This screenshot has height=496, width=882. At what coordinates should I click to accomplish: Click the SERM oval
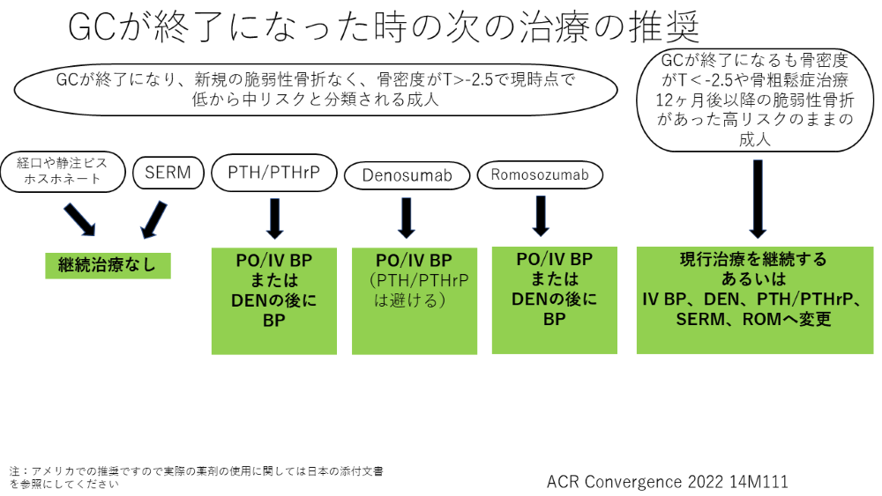[x=168, y=173]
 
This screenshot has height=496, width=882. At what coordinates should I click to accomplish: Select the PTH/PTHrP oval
[x=274, y=173]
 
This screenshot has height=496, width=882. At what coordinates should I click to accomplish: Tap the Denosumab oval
[x=407, y=175]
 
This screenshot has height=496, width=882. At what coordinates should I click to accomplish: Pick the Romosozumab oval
[x=540, y=174]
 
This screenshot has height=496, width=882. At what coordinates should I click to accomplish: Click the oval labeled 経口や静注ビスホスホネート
[x=63, y=171]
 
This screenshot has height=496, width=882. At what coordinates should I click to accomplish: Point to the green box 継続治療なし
[x=108, y=265]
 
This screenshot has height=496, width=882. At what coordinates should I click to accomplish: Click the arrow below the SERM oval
[x=153, y=220]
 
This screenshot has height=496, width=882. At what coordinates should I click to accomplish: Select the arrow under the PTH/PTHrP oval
[x=274, y=218]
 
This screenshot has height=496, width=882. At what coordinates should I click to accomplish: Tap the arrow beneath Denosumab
[x=406, y=218]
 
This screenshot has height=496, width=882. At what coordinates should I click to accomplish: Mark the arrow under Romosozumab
[x=541, y=216]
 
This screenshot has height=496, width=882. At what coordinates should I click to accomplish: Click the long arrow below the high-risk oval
[x=758, y=199]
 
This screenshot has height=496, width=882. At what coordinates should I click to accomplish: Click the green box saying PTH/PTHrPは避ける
[x=415, y=301]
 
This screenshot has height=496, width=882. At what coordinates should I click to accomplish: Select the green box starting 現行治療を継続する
[x=755, y=300]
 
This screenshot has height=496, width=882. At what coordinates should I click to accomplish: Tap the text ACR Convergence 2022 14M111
[x=667, y=481]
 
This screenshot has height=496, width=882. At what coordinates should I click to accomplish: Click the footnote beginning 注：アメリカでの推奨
[x=196, y=477]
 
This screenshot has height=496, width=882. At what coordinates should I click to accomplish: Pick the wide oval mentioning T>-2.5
[x=316, y=89]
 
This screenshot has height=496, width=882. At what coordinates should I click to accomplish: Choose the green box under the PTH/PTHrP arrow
[x=274, y=301]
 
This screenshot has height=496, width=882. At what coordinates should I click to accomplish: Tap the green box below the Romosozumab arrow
[x=555, y=300]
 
